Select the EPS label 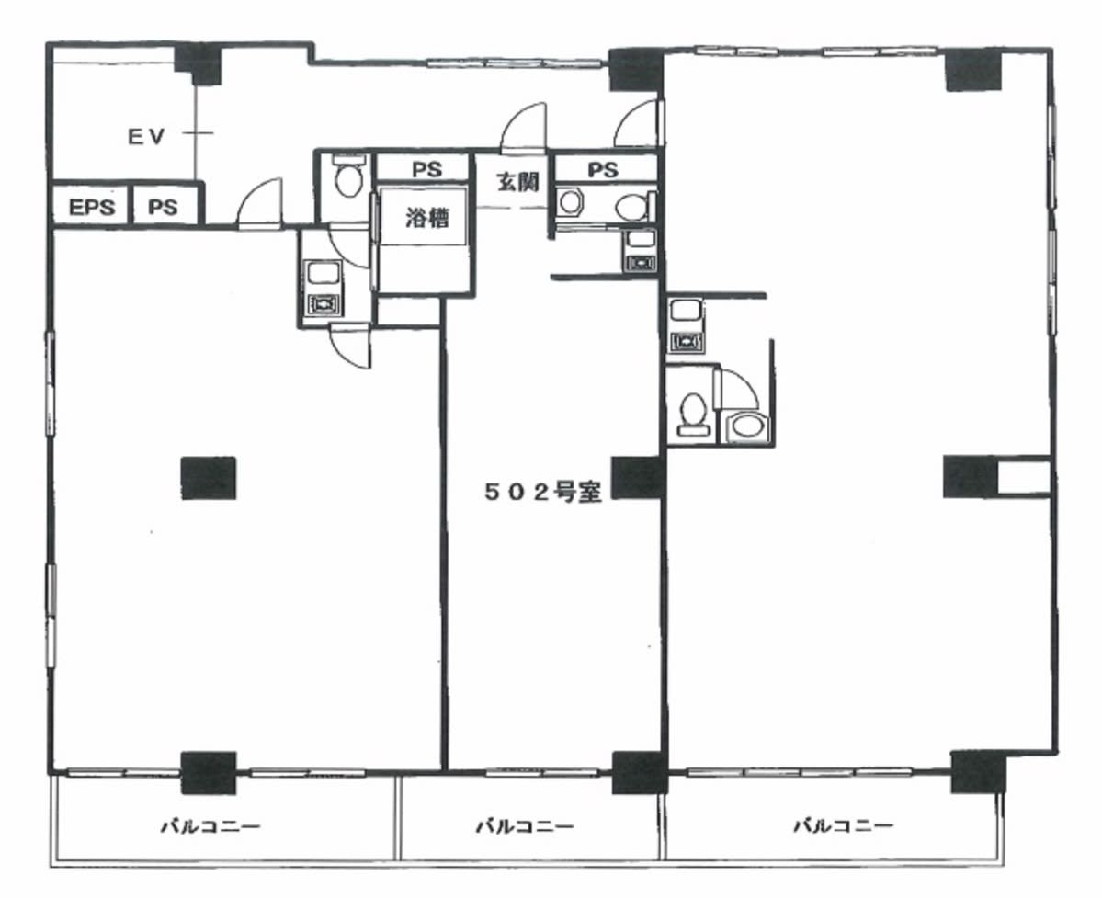click(x=91, y=208)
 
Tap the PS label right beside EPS click(x=163, y=208)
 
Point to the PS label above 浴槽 click(x=426, y=169)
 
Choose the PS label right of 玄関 click(x=603, y=170)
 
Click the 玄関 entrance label click(x=518, y=182)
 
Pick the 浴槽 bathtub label click(x=426, y=219)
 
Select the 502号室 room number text click(x=542, y=493)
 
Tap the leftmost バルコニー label click(x=210, y=824)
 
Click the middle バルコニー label click(x=525, y=824)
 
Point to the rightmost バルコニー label click(x=843, y=824)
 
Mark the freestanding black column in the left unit click(x=209, y=479)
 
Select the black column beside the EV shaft click(x=199, y=63)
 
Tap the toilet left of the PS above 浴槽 click(x=347, y=177)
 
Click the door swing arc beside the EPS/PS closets click(x=258, y=203)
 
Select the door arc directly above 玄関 click(x=523, y=127)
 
